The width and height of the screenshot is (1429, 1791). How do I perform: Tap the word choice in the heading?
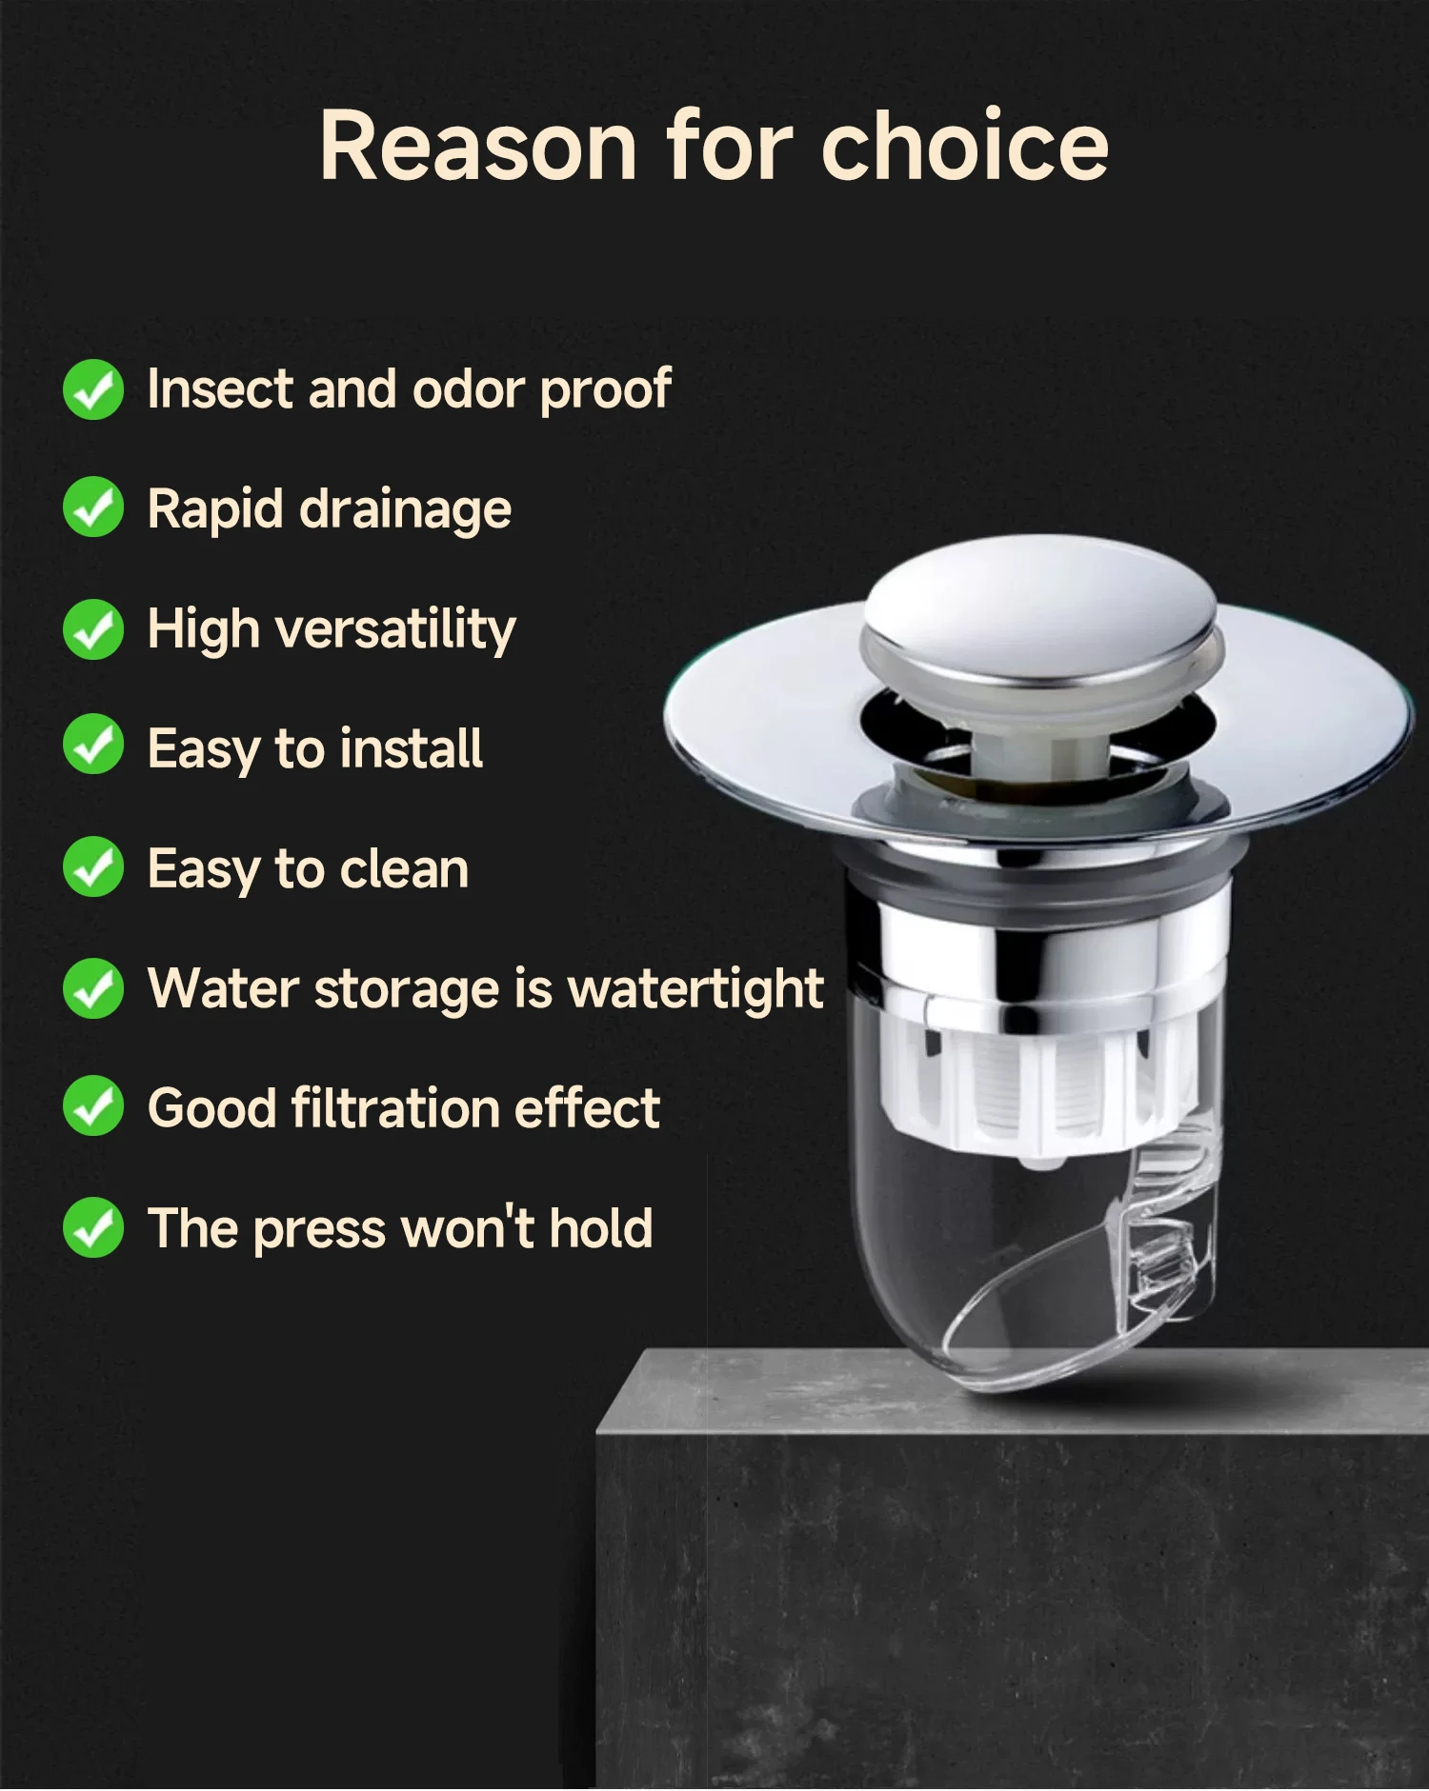[x=965, y=144]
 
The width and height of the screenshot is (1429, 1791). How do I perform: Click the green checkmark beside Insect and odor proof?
[x=93, y=389]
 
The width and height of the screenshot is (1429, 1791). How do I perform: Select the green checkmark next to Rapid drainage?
[x=93, y=507]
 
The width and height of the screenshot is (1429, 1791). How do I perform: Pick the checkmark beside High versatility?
[x=93, y=629]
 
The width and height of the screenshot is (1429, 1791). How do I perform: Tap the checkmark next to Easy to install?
[x=93, y=746]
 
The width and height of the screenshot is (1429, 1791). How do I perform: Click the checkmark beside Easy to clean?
[x=93, y=867]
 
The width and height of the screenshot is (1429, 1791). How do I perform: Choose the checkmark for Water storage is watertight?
[x=93, y=988]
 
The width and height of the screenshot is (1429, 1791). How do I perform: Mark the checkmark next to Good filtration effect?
[x=93, y=1106]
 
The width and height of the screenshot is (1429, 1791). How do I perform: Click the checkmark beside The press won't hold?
[x=93, y=1227]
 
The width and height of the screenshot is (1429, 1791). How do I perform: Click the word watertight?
[x=695, y=989]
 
